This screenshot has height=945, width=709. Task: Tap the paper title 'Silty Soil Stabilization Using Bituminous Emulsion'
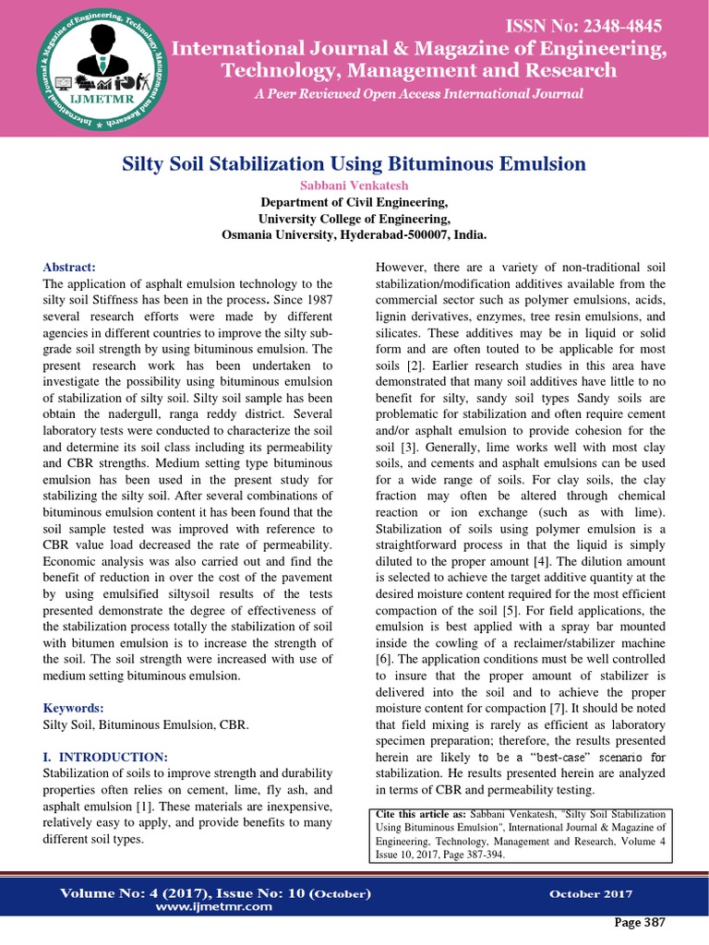[x=354, y=164]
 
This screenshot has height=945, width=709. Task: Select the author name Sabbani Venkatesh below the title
[x=354, y=185]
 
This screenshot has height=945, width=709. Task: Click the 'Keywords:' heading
[x=74, y=708]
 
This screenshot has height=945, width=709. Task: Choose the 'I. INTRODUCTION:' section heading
[x=105, y=757]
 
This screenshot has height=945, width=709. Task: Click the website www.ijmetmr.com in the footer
[x=214, y=906]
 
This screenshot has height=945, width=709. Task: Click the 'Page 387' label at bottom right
[x=639, y=923]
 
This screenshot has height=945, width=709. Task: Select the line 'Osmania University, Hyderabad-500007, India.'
[x=354, y=234]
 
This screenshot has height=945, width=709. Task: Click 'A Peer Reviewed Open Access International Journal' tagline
[x=418, y=94]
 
